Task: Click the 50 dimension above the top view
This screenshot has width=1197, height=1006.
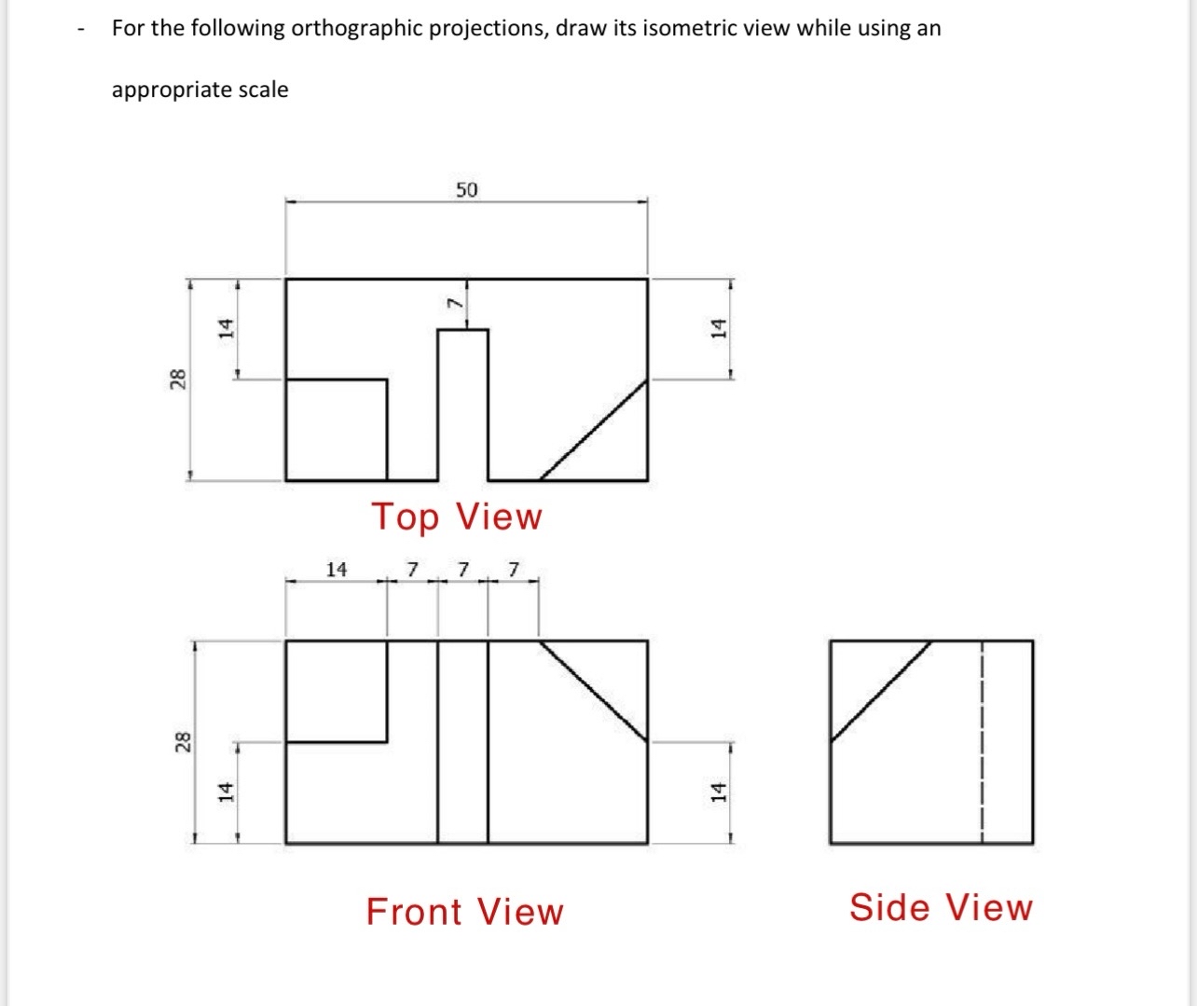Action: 466,190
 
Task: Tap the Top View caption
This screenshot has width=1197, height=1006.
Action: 457,517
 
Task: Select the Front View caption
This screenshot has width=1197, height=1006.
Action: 464,912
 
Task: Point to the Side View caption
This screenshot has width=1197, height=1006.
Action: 941,907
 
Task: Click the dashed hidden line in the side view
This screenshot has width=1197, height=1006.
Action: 982,741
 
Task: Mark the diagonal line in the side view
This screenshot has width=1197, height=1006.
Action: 881,690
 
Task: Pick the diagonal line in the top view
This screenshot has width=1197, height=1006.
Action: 595,430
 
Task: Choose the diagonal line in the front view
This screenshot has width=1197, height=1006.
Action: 594,691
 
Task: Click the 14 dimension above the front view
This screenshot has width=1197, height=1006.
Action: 336,569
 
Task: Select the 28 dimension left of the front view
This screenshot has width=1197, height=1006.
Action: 184,742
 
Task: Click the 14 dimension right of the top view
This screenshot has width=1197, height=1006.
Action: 718,327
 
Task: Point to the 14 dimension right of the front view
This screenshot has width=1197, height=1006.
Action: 717,792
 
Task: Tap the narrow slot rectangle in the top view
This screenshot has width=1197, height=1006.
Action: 462,405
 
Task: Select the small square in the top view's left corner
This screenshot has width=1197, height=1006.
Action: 337,430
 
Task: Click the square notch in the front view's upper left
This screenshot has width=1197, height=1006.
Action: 337,691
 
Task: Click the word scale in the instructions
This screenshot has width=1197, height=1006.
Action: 264,90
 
